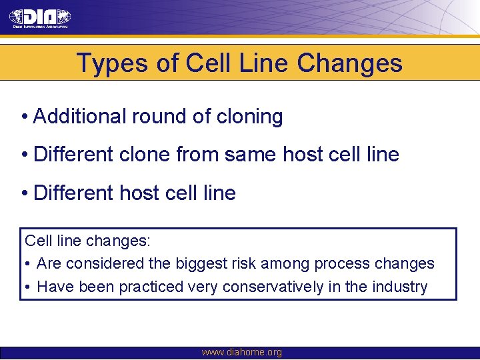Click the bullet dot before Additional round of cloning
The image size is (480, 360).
click(x=23, y=117)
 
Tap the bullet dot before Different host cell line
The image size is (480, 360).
click(x=23, y=194)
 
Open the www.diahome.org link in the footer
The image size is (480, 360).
click(x=241, y=353)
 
